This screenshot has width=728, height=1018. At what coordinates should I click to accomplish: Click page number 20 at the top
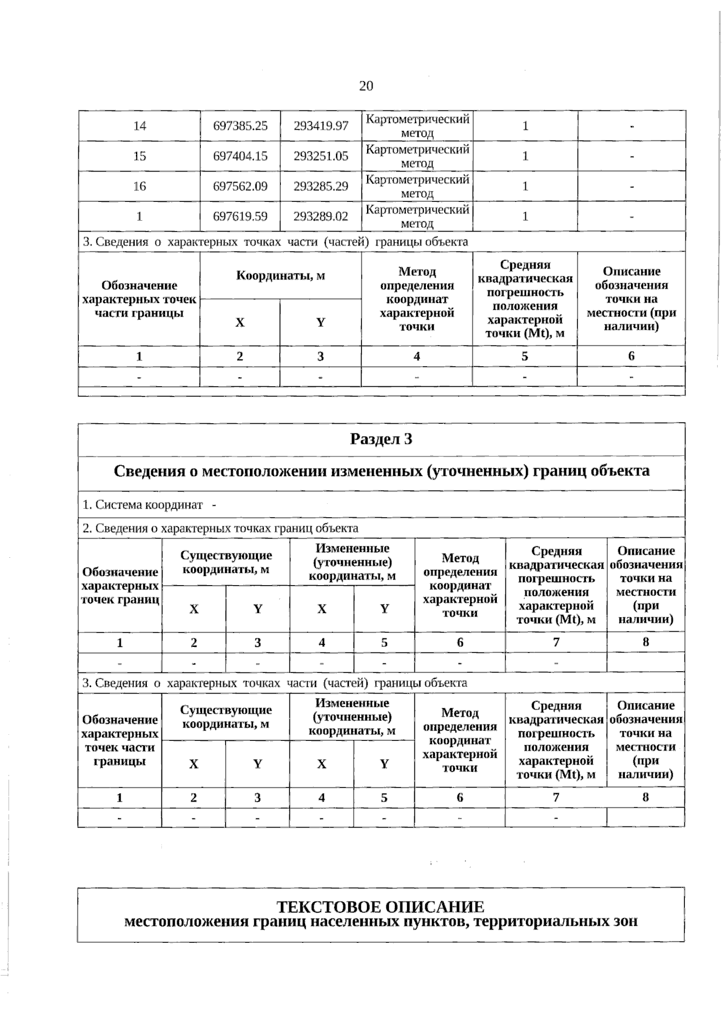coord(366,86)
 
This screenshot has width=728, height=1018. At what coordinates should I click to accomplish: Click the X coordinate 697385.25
coord(240,126)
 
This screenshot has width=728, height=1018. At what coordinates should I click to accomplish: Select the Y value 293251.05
coord(321,156)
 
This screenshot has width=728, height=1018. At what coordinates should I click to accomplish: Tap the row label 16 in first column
coord(140,186)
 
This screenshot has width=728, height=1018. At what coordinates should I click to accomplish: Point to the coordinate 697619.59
coord(240,216)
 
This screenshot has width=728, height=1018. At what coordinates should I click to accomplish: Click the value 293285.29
coord(321,186)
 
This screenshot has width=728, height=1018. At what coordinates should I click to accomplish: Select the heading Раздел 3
coord(381,439)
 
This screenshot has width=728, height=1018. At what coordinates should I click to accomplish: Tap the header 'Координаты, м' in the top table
coord(280,276)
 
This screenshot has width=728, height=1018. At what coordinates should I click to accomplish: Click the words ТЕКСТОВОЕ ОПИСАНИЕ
coord(380,907)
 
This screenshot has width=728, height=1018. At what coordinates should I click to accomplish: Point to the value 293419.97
coord(321,126)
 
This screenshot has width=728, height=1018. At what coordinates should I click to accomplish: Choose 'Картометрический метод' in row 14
coord(417,126)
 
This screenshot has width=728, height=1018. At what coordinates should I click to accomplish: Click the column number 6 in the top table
coord(631,357)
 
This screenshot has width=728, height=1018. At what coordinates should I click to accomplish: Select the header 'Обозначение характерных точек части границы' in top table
coord(140,299)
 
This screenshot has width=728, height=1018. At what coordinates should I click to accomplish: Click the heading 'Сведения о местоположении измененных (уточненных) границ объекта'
coord(381,471)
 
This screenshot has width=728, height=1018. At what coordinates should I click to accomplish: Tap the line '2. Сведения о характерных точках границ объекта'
coord(220,529)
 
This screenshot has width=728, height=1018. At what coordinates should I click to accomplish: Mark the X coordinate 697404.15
coord(240,156)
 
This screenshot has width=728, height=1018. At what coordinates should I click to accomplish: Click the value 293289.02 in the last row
coord(321,216)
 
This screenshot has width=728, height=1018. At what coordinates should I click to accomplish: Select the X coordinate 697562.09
coord(240,186)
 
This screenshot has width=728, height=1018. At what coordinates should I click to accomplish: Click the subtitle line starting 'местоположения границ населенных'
coord(380,922)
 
